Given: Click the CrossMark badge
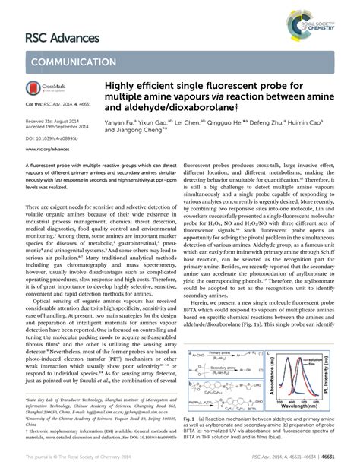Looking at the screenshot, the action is (44, 90).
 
